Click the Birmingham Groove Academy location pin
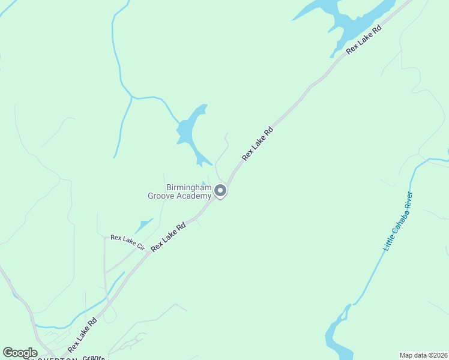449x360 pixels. click(x=220, y=191)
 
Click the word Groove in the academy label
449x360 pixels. click(x=161, y=195)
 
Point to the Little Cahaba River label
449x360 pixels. click(x=398, y=221)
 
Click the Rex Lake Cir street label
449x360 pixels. click(x=128, y=242)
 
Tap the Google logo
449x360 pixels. click(x=20, y=353)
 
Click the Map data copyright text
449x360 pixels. click(x=423, y=355)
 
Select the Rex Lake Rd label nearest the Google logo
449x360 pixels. click(x=82, y=335)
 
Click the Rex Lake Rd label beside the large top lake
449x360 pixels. click(x=364, y=40)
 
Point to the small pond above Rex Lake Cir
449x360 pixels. click(x=143, y=226)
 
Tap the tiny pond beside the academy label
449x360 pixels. click(x=204, y=184)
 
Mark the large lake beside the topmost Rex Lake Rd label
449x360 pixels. click(x=348, y=21)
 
